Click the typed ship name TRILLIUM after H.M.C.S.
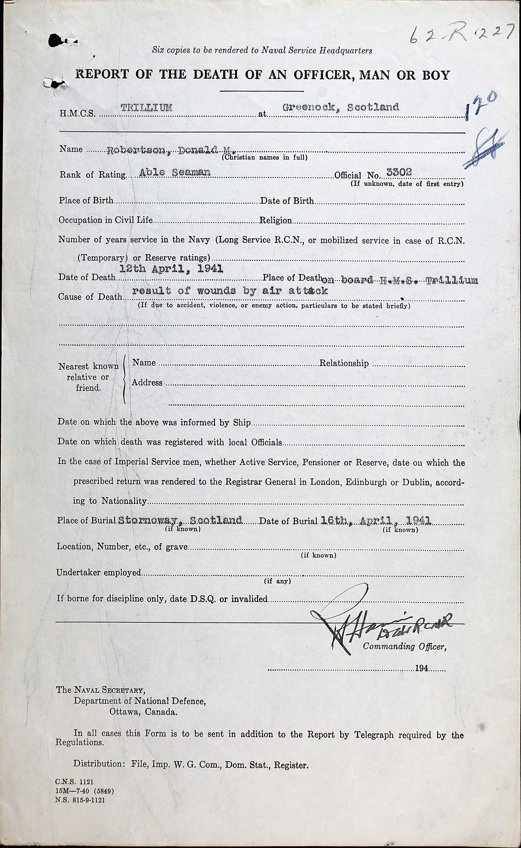(146, 108)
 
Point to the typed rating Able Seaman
(175, 172)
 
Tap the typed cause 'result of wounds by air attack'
(230, 291)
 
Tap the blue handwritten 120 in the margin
(482, 107)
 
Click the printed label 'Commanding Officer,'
(404, 646)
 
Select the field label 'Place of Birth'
(86, 201)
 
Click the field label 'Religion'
(276, 220)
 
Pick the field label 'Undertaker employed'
(99, 573)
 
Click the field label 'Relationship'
(344, 363)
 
